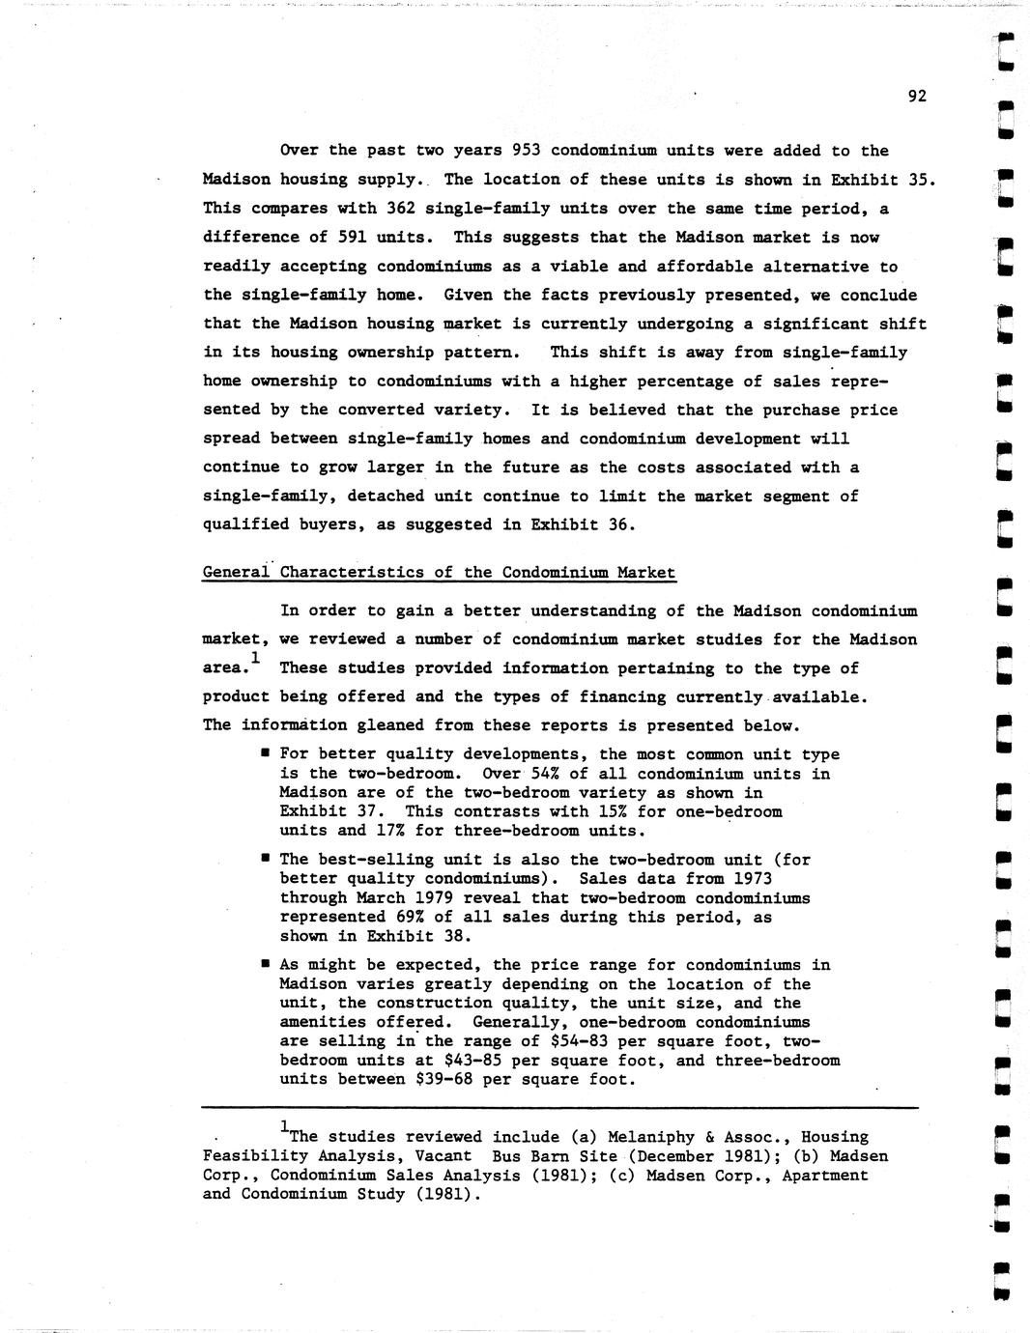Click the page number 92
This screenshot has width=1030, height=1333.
pyautogui.click(x=917, y=96)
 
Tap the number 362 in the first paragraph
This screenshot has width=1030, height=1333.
pyautogui.click(x=400, y=209)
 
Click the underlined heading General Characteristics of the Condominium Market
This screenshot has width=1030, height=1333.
pyautogui.click(x=439, y=573)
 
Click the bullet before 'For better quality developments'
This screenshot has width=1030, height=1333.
pyautogui.click(x=265, y=753)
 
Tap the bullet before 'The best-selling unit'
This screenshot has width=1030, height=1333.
pyautogui.click(x=265, y=859)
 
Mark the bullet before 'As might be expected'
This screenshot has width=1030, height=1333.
pyautogui.click(x=265, y=964)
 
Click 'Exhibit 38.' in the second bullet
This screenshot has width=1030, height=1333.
pyautogui.click(x=419, y=936)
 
